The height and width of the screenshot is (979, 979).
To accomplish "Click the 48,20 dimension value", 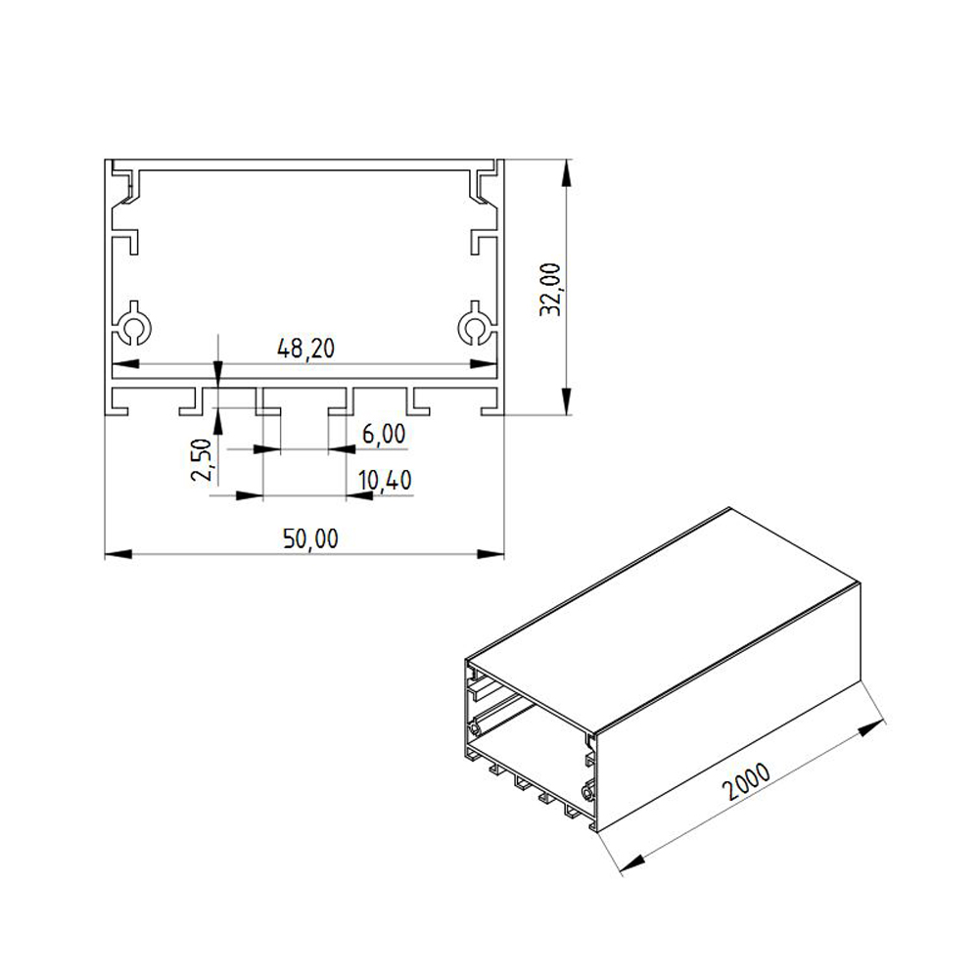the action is click(305, 349).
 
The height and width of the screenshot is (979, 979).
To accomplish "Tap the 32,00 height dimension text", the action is click(550, 290).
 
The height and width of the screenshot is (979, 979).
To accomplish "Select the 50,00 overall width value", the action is click(310, 538).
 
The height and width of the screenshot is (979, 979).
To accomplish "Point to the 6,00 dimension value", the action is click(384, 434).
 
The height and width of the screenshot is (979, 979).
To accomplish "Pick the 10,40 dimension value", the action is click(385, 480).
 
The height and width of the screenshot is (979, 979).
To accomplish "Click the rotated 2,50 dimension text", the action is click(202, 459).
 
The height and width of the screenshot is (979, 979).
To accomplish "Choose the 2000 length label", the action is click(746, 781).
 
